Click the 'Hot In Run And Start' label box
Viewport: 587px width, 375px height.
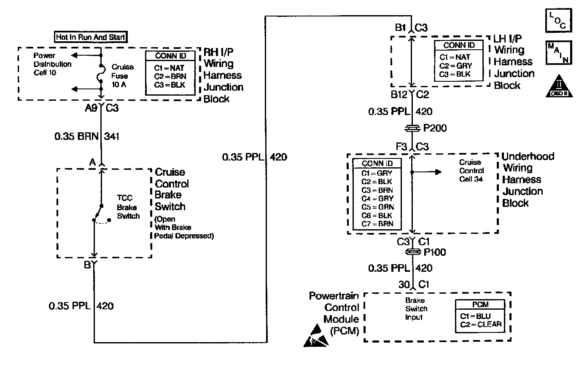pos(91,37)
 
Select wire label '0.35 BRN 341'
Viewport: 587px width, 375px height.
pos(87,137)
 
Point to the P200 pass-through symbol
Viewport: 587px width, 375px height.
pos(413,128)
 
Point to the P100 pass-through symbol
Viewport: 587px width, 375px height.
pos(413,252)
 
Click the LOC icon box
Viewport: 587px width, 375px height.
pos(559,21)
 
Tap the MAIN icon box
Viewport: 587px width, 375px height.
pos(559,53)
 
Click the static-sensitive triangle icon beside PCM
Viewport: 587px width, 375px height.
pos(315,336)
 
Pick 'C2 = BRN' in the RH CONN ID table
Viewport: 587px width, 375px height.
pos(170,76)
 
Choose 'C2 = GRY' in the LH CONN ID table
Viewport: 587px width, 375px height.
pos(455,66)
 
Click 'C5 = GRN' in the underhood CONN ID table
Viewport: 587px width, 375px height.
pos(377,207)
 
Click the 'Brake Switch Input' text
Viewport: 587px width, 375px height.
pos(415,309)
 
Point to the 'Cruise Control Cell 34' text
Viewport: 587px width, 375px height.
pos(471,171)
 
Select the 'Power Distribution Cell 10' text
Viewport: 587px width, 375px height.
pos(52,64)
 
